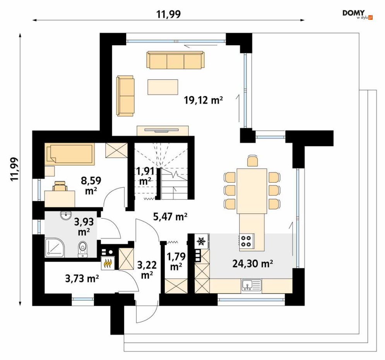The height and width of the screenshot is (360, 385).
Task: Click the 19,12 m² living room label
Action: [x=203, y=100]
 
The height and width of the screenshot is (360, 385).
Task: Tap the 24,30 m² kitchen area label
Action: [x=253, y=264]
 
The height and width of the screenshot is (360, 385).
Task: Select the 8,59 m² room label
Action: [x=91, y=185]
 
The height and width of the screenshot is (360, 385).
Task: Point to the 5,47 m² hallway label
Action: [x=170, y=217]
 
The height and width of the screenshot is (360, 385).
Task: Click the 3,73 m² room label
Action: [x=82, y=278]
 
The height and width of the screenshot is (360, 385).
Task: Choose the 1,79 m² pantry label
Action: [x=176, y=261]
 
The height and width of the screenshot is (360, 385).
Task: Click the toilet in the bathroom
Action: [x=83, y=249]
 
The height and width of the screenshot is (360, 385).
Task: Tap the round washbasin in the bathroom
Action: [x=66, y=215]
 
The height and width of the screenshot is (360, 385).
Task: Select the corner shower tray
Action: [x=55, y=247]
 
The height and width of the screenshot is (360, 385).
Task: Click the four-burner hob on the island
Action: [x=246, y=241]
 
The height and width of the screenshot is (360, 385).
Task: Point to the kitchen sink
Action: [x=252, y=285]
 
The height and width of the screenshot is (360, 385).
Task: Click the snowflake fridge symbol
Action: [x=202, y=242]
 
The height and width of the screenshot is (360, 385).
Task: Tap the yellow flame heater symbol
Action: [x=108, y=264]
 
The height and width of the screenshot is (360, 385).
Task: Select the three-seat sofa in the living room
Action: [x=175, y=60]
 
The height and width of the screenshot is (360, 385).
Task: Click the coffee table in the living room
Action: [x=163, y=87]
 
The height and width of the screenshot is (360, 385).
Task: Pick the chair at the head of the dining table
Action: [x=252, y=161]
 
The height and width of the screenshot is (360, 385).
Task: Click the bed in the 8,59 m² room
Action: [x=70, y=153]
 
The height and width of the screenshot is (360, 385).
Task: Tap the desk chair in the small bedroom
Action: [x=60, y=186]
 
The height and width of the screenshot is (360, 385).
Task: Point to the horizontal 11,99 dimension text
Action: [x=169, y=14]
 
